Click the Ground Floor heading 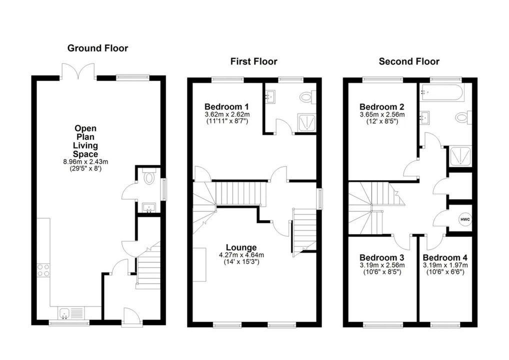[97, 48]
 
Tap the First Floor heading [253, 61]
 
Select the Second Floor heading [409, 61]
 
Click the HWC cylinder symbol [465, 219]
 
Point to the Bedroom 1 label [227, 106]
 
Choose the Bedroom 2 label [382, 106]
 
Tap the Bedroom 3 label [382, 257]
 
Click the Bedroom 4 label [445, 257]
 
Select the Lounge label [241, 247]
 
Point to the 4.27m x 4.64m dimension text [241, 255]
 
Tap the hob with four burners [43, 270]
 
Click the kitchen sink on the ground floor [64, 313]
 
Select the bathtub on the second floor [443, 92]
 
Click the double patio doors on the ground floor [78, 71]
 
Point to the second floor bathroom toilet [462, 118]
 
